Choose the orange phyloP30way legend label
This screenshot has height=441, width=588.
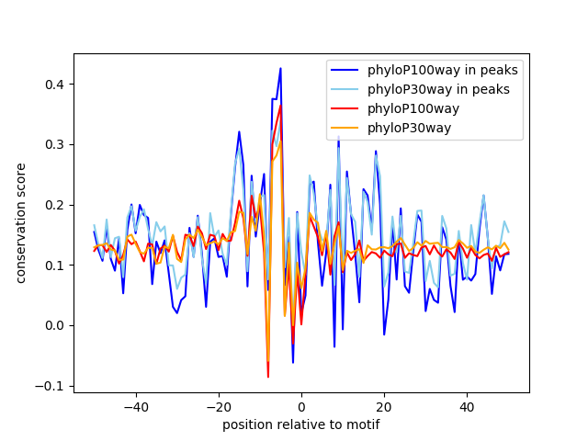[x=409, y=128]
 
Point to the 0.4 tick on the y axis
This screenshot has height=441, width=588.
[x=55, y=85]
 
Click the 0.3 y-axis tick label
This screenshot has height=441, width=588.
[x=55, y=145]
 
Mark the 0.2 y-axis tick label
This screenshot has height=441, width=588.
[x=55, y=205]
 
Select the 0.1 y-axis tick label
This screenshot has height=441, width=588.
[x=55, y=266]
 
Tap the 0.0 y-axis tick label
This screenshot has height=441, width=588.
[x=55, y=325]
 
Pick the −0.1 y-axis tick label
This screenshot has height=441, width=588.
[x=51, y=386]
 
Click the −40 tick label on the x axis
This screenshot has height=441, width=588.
[x=135, y=406]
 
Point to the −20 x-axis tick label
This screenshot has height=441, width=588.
[x=218, y=406]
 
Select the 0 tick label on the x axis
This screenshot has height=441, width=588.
[x=301, y=406]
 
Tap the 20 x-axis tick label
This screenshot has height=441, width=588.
[x=384, y=406]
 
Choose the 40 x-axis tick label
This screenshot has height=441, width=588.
[x=467, y=406]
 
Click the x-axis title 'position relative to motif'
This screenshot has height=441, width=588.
[x=300, y=424]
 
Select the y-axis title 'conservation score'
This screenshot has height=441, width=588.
[x=20, y=222]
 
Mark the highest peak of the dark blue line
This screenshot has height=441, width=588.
[x=280, y=69]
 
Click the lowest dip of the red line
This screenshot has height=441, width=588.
[x=268, y=377]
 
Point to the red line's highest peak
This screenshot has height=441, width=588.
[x=280, y=106]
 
